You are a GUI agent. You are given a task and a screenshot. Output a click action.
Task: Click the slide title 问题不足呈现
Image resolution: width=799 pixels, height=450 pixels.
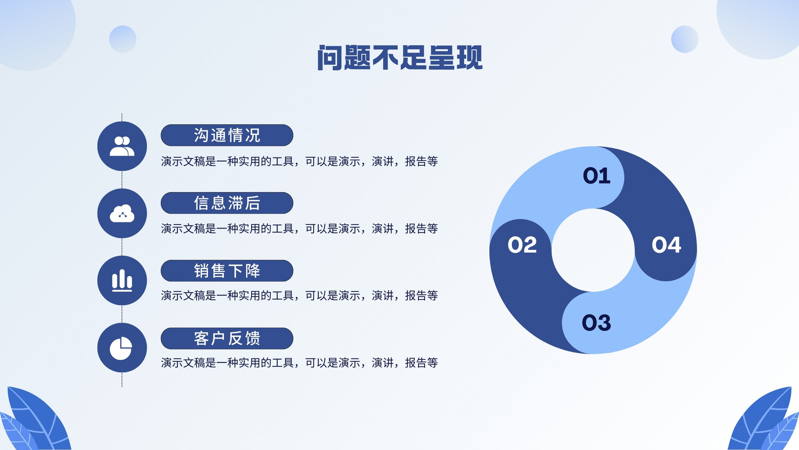[x=399, y=57]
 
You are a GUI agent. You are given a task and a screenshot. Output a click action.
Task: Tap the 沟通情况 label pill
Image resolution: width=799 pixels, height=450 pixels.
[x=227, y=135]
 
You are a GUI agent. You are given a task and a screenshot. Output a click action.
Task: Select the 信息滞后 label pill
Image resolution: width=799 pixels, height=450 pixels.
[x=227, y=203]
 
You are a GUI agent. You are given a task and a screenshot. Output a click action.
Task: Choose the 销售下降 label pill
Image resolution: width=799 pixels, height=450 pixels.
[x=227, y=270]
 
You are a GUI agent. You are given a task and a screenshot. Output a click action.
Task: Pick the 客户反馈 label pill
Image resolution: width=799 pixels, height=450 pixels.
[x=227, y=338]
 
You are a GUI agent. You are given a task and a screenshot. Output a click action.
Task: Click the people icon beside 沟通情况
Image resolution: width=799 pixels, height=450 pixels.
[x=122, y=146]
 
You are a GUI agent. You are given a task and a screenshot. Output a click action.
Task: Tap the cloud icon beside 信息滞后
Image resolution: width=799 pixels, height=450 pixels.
[x=122, y=213]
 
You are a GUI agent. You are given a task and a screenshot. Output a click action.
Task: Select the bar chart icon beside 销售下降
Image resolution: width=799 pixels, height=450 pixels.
[x=122, y=280]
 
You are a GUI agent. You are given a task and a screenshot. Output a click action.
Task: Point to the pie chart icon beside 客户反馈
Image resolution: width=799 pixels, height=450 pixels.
[x=121, y=348]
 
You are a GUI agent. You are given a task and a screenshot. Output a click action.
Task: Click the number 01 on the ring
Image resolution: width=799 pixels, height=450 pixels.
[x=596, y=175]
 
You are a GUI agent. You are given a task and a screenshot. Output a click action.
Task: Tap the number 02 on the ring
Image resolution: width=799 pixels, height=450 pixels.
[x=522, y=245]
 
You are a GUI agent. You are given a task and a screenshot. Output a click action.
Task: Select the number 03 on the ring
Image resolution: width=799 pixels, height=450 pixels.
[x=596, y=322]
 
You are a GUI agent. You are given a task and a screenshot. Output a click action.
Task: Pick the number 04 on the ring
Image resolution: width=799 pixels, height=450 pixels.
[x=666, y=245]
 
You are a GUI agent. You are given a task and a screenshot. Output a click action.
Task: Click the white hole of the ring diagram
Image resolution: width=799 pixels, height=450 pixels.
[x=593, y=250]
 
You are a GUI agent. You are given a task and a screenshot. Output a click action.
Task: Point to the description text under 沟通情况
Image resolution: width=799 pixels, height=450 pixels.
[x=299, y=161]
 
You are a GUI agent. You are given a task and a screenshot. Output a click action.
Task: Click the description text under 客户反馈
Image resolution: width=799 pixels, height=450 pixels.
[x=299, y=363]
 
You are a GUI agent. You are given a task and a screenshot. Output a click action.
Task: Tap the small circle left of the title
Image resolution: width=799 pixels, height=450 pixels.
[x=123, y=39]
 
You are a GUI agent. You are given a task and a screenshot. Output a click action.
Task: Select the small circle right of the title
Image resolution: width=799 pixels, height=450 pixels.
[x=685, y=39]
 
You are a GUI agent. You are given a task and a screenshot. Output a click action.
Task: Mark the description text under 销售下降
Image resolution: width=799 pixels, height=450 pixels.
[x=299, y=295]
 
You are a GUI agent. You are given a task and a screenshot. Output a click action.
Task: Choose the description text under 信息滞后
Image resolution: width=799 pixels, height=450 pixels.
[x=299, y=228]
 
